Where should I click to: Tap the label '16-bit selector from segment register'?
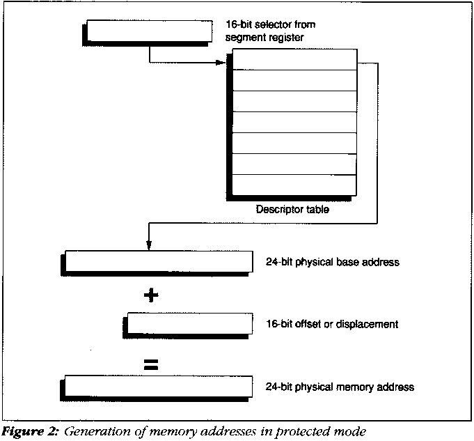coord(265,30)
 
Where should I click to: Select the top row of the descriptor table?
coord(292,61)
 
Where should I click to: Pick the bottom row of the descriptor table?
coord(292,184)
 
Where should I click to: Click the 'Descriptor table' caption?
coord(293,208)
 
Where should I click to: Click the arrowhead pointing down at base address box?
coord(148,245)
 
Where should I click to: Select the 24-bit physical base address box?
coord(157,261)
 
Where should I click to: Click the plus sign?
coord(150,295)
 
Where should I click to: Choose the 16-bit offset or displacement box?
coord(190,323)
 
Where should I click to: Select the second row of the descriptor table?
coord(292,81)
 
